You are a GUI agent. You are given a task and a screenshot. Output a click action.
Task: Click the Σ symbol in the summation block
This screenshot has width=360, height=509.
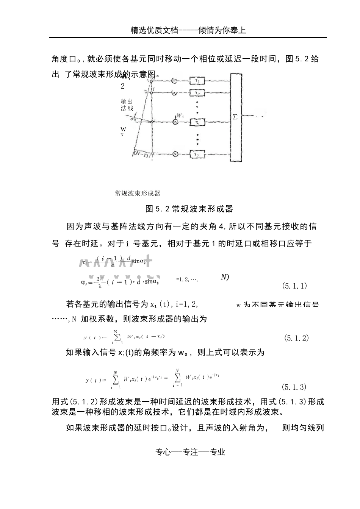235,117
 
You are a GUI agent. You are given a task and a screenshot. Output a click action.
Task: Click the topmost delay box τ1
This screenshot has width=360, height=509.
197,81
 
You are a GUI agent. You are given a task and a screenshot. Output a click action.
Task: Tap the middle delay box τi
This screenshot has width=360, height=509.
197,122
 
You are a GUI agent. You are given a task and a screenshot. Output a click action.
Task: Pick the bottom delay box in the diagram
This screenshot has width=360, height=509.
197,154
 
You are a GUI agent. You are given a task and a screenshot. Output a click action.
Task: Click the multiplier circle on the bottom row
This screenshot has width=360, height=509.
175,154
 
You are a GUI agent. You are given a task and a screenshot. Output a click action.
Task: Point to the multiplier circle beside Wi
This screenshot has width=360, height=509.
175,122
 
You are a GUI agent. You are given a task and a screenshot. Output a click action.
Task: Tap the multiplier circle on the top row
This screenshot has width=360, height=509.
174,81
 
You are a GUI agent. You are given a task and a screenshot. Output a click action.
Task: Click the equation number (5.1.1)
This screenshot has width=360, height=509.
294,286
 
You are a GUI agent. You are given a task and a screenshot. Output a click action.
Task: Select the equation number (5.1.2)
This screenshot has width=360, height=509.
296,338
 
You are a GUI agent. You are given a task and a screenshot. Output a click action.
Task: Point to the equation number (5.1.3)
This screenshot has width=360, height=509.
294,387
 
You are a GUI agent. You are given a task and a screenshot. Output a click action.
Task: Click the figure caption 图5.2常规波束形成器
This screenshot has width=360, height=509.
189,209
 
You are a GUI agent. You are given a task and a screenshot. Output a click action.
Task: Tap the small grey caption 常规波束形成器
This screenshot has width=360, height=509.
138,194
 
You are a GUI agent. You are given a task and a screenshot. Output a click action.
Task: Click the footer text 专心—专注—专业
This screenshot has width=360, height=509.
190,452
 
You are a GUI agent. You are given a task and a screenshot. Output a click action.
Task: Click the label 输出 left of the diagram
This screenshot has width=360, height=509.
127,101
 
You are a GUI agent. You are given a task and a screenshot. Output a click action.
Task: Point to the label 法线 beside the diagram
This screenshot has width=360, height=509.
127,108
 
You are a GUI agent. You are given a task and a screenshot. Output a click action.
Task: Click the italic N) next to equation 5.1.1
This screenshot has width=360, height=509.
225,278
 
